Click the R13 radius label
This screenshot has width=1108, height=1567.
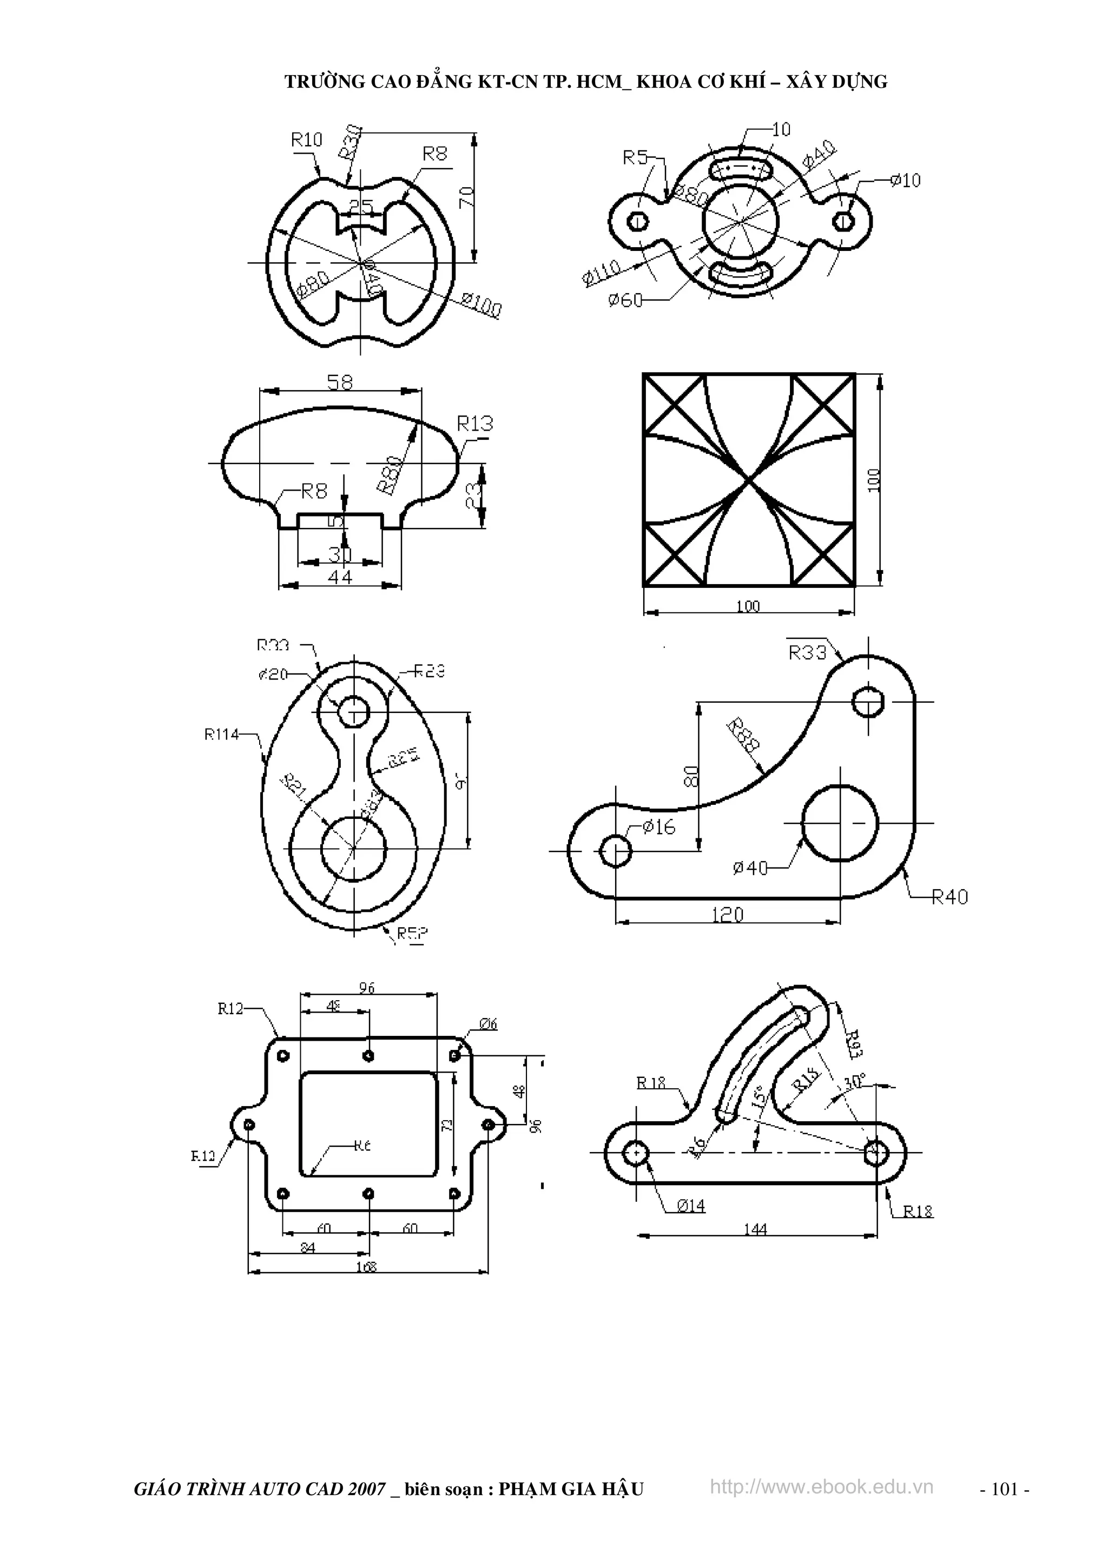click(x=474, y=424)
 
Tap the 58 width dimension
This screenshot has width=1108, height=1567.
click(x=340, y=382)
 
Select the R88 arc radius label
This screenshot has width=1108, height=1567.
click(x=743, y=735)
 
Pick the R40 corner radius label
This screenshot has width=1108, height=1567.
click(x=949, y=897)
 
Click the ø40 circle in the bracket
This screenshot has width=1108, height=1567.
click(x=839, y=823)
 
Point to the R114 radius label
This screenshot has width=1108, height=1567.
click(x=221, y=735)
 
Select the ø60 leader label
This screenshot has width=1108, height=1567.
click(x=625, y=300)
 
